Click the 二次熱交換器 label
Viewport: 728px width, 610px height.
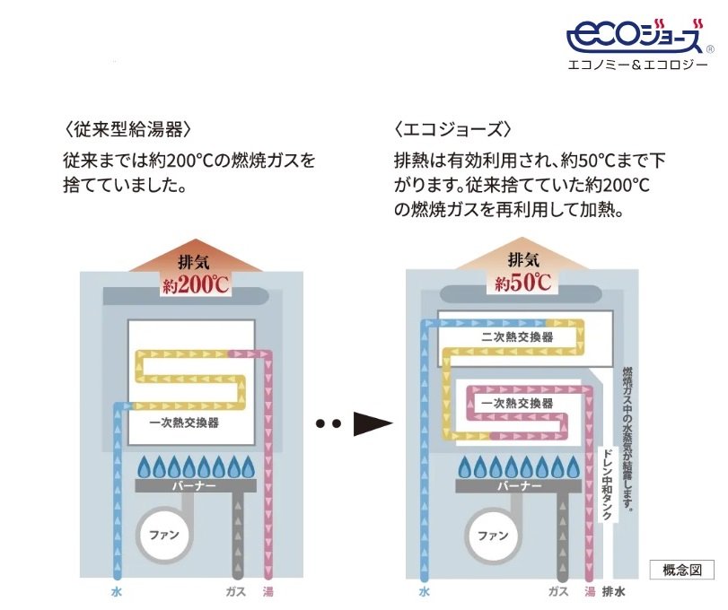[x=517, y=337]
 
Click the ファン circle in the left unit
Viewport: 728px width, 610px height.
[x=164, y=535]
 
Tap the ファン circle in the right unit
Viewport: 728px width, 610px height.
[x=493, y=535]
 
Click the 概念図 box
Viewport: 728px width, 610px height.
[x=681, y=569]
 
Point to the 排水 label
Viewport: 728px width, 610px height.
[x=614, y=592]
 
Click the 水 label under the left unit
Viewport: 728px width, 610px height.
[x=116, y=592]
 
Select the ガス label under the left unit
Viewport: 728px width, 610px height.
[x=236, y=592]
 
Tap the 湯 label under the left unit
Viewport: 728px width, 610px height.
[x=268, y=592]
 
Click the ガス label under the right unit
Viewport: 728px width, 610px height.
[x=558, y=592]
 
